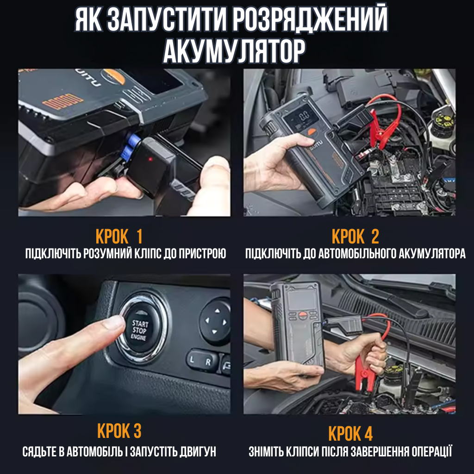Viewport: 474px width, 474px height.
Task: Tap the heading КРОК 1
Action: (x=119, y=237)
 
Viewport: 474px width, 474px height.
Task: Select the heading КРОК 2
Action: (x=355, y=237)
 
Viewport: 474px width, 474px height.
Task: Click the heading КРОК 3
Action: (x=119, y=431)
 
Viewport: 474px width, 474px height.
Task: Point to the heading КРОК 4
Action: (x=350, y=434)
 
